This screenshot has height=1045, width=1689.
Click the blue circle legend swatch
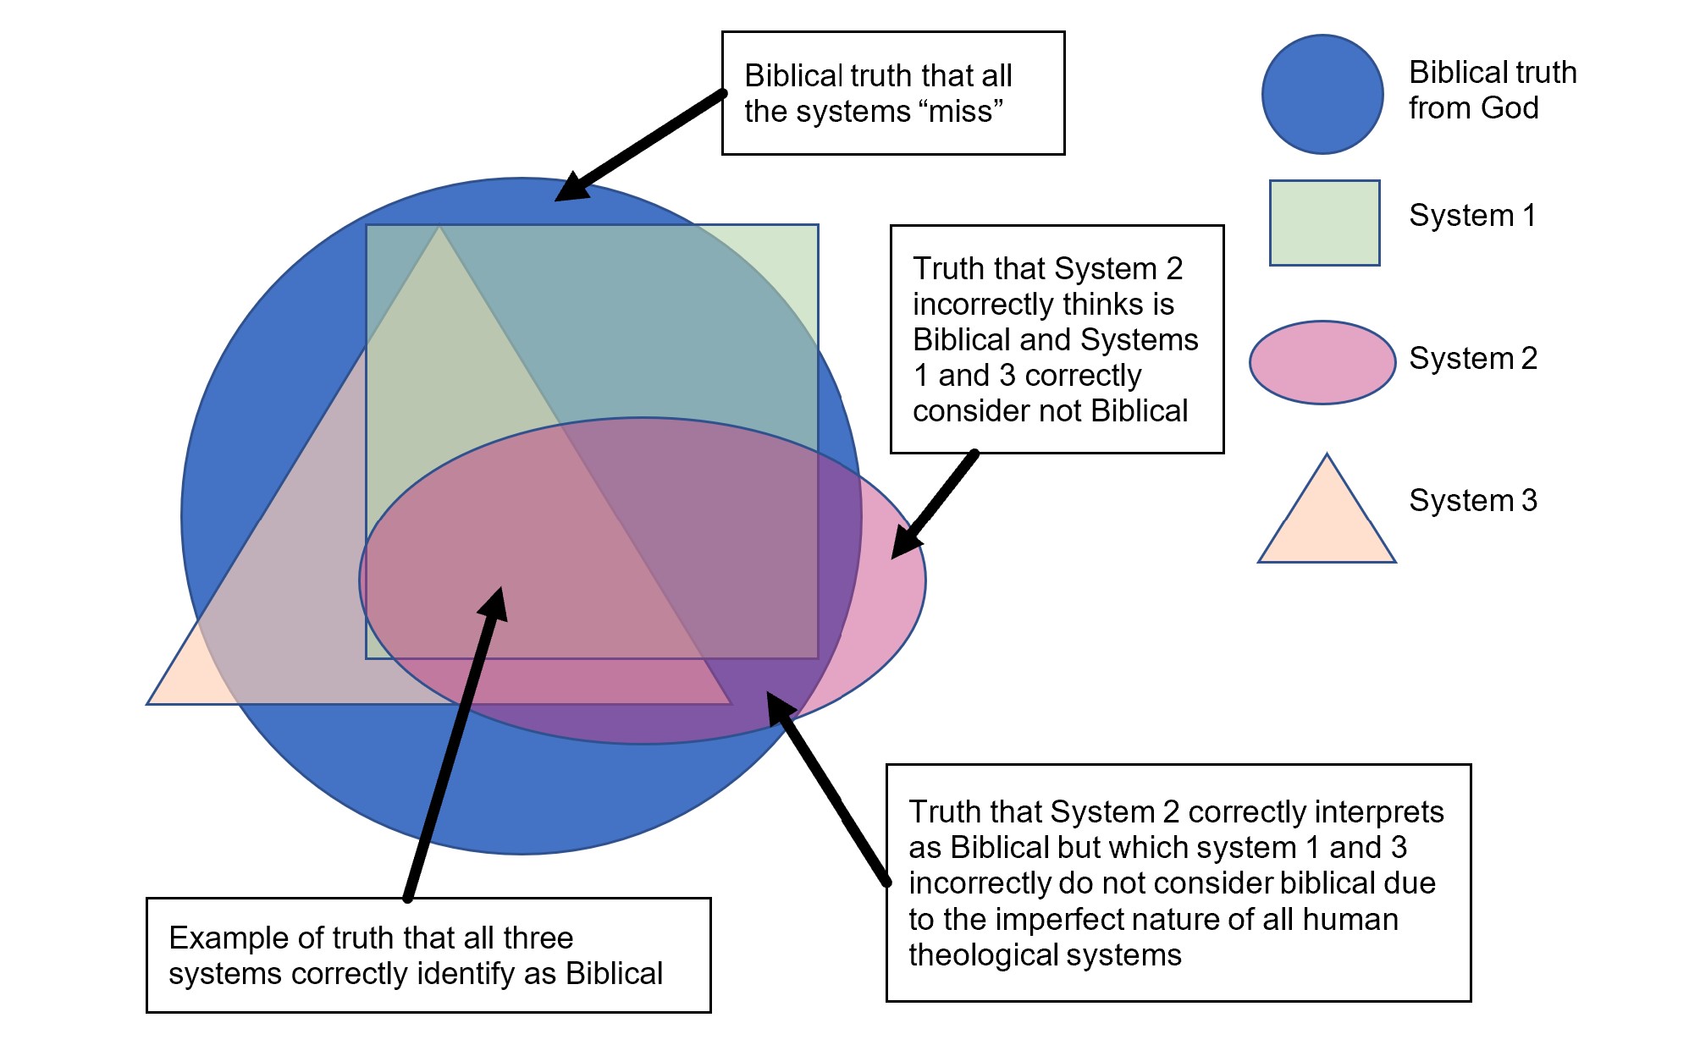coord(1322,94)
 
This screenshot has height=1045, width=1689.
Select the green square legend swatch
coord(1325,223)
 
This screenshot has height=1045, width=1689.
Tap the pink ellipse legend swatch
coord(1322,362)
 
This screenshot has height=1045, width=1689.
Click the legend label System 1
coord(1472,215)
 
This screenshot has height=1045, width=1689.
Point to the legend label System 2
coord(1473,358)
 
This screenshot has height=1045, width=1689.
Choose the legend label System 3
coord(1473,500)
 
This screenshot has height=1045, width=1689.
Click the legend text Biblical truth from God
coord(1493,90)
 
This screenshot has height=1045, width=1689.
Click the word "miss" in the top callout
coord(961,111)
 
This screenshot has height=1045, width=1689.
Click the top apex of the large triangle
coord(439,226)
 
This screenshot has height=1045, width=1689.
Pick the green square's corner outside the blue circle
coord(818,225)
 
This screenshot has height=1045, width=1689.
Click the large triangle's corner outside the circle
coord(148,703)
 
